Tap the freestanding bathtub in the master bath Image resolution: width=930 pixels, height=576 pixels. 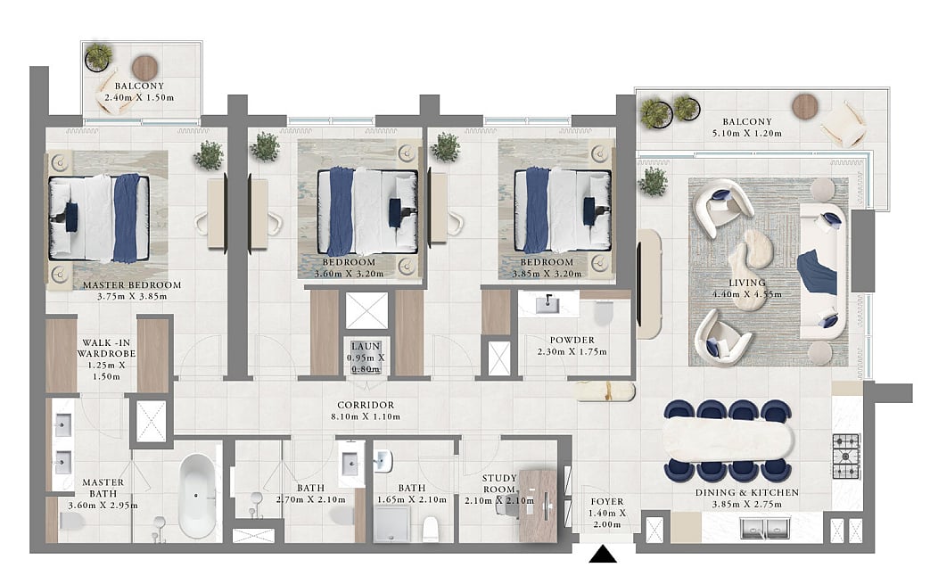(x=197, y=496)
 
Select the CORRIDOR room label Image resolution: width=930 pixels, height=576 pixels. (x=366, y=405)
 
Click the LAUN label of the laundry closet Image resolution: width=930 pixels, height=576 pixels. (x=366, y=347)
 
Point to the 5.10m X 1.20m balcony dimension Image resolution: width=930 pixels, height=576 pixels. (x=746, y=134)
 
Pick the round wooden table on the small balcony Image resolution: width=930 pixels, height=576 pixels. (x=144, y=68)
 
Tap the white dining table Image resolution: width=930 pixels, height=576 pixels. (x=728, y=440)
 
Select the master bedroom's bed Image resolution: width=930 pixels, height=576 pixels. (x=99, y=218)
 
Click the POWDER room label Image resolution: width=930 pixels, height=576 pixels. (x=572, y=341)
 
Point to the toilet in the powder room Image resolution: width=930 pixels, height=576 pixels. (x=603, y=313)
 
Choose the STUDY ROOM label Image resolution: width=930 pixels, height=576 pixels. (x=499, y=483)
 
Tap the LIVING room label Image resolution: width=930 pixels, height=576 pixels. (x=746, y=283)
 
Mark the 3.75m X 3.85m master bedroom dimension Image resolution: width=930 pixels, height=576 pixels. (x=132, y=297)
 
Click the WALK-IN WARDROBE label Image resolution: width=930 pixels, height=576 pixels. (x=107, y=349)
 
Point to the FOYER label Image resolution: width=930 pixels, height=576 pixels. (x=606, y=502)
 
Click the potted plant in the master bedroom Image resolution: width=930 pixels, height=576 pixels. (x=208, y=155)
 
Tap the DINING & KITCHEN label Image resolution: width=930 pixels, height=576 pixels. (x=746, y=492)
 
